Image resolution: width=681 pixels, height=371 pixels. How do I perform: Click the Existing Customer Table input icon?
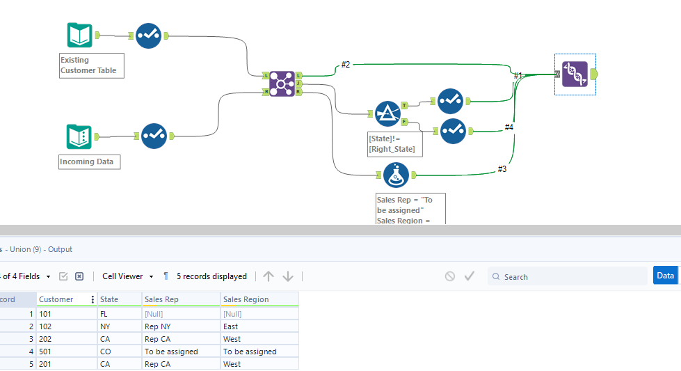(x=80, y=35)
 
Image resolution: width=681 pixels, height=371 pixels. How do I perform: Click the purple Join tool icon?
(x=282, y=84)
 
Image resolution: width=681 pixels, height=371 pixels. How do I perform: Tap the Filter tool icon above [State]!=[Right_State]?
(x=387, y=113)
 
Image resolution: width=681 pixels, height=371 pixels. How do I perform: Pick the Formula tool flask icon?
(x=396, y=175)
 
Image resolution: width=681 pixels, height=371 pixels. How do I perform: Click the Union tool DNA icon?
(x=575, y=74)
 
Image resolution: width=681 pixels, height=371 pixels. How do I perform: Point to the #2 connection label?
(x=346, y=65)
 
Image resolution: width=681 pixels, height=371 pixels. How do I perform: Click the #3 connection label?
(x=502, y=168)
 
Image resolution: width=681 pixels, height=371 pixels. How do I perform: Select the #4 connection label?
(x=508, y=127)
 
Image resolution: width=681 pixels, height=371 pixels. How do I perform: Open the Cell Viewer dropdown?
(x=127, y=276)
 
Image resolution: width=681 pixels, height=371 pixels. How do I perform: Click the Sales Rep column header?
(x=161, y=299)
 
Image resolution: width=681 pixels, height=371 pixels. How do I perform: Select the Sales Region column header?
(x=246, y=299)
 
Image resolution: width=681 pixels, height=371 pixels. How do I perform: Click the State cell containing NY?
(x=106, y=326)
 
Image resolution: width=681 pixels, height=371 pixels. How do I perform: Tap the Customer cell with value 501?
(x=46, y=352)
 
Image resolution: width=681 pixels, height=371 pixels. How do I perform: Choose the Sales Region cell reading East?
(x=230, y=326)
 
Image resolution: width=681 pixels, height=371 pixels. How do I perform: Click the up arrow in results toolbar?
(x=269, y=276)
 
